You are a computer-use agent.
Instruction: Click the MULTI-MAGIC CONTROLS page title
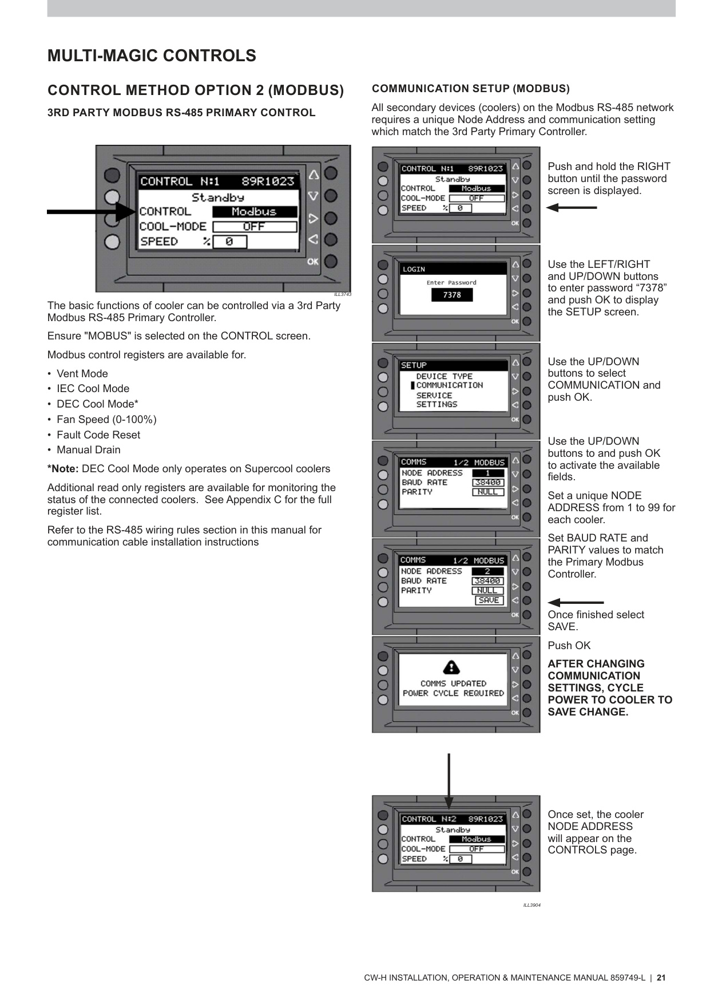pyautogui.click(x=152, y=56)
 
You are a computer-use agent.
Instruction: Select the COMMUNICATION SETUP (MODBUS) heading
pyautogui.click(x=470, y=89)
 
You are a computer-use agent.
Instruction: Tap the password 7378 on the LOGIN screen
pyautogui.click(x=452, y=295)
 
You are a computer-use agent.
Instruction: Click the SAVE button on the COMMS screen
pyautogui.click(x=489, y=600)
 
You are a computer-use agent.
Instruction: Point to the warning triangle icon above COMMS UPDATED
pyautogui.click(x=451, y=667)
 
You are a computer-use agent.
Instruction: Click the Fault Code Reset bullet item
pyautogui.click(x=98, y=434)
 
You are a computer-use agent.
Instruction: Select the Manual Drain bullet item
pyautogui.click(x=88, y=450)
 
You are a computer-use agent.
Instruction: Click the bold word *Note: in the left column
pyautogui.click(x=63, y=469)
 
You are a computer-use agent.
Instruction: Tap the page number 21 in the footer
pyautogui.click(x=661, y=978)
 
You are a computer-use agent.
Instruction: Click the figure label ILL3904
pyautogui.click(x=531, y=905)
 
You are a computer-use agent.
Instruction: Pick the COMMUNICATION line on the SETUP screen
pyautogui.click(x=449, y=385)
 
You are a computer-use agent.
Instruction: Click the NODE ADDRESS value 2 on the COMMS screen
pyautogui.click(x=487, y=571)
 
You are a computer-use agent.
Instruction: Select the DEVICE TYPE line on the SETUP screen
pyautogui.click(x=444, y=376)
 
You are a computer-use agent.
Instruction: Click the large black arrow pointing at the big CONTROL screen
pyautogui.click(x=92, y=212)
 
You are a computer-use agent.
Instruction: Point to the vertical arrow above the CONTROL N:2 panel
pyautogui.click(x=449, y=781)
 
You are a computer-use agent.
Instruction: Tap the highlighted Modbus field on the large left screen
pyautogui.click(x=255, y=212)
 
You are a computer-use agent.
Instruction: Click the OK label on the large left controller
pyautogui.click(x=313, y=262)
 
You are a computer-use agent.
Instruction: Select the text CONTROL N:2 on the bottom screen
pyautogui.click(x=429, y=819)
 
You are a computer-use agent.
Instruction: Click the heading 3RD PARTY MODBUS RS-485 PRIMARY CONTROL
pyautogui.click(x=181, y=113)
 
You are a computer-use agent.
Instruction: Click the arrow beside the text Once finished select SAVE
pyautogui.click(x=575, y=603)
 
